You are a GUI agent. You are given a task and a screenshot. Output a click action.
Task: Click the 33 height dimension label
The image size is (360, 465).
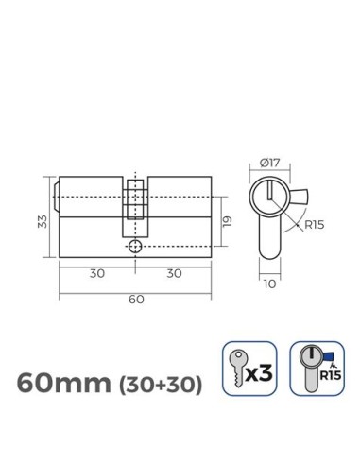click(x=40, y=223)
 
